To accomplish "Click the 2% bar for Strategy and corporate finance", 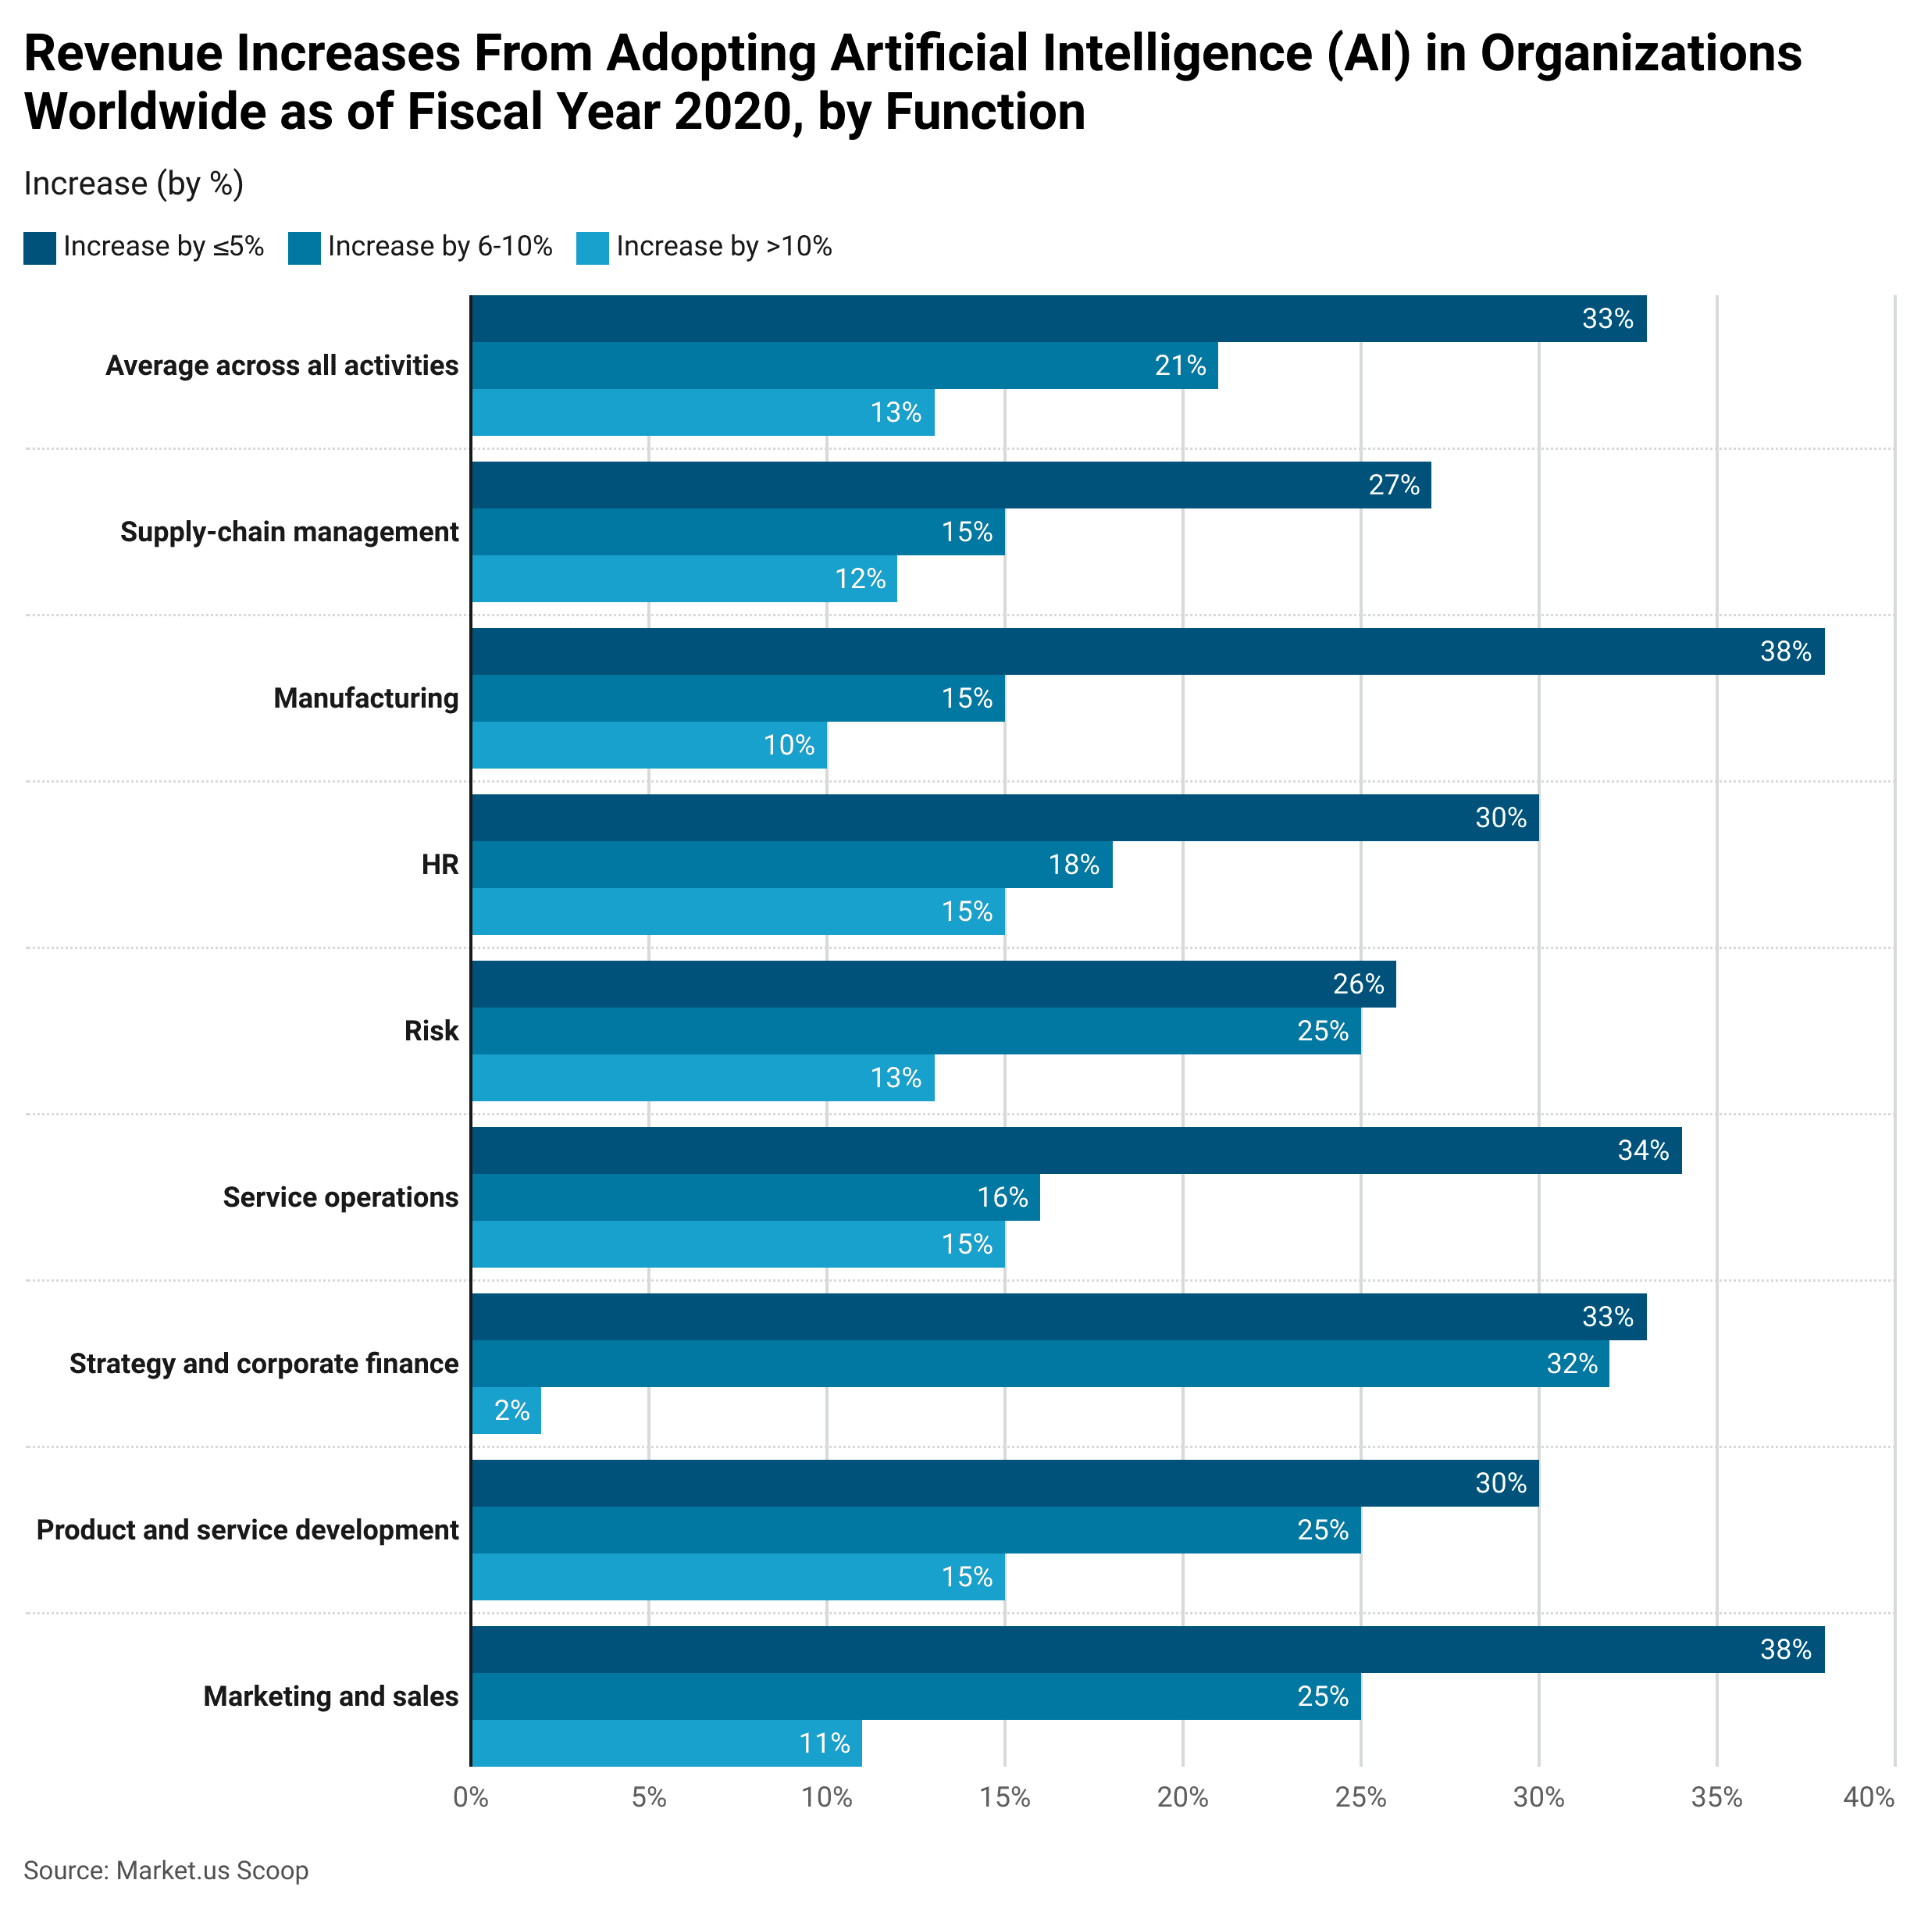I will (506, 1410).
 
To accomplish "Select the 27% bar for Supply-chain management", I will (950, 485).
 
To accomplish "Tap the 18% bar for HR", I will (792, 864).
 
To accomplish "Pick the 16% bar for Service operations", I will (756, 1197).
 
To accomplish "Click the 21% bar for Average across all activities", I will (844, 365).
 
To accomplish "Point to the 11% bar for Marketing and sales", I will (666, 1743).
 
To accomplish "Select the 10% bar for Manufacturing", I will (648, 744).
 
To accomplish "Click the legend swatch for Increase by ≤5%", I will (40, 248).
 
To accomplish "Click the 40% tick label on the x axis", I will (1869, 1796).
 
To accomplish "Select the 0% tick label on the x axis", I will (469, 1796).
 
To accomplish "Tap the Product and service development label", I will (248, 1529).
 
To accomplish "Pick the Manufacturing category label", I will (366, 698).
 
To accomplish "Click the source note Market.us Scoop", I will (166, 1871).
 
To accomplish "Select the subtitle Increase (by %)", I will (134, 184).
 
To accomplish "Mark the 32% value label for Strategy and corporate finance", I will (1571, 1363).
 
